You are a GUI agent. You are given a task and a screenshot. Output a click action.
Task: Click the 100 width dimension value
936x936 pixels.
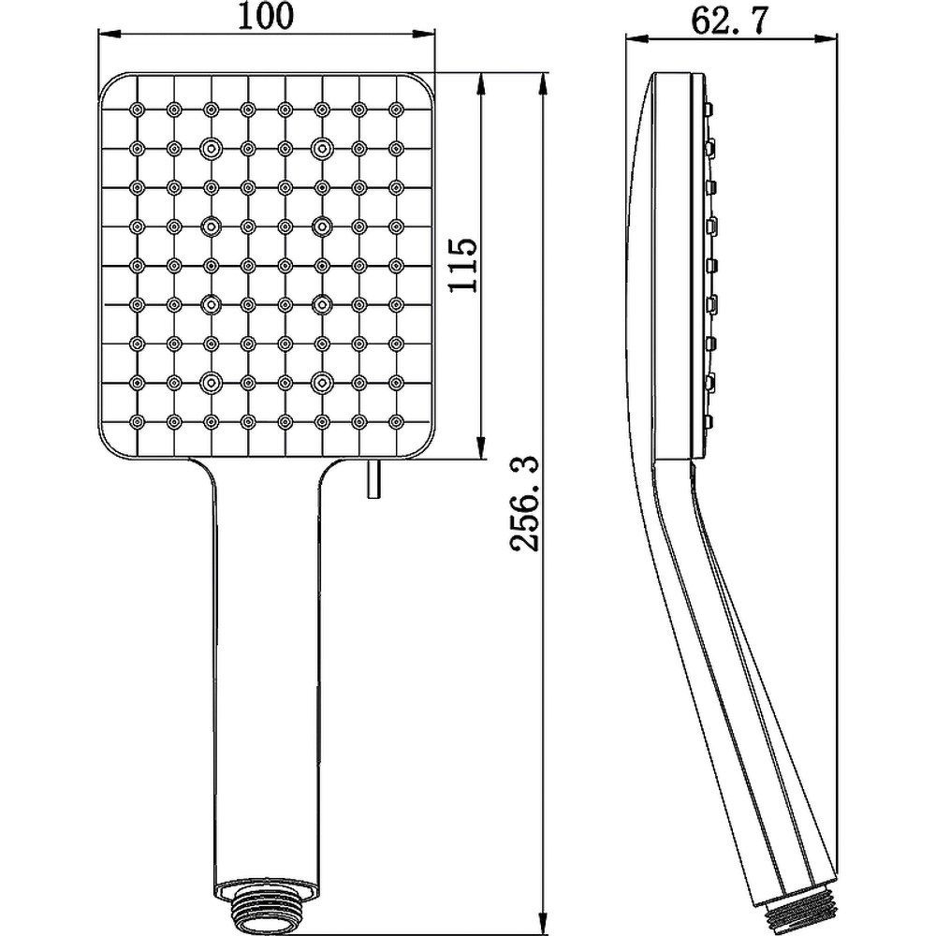pyautogui.click(x=266, y=16)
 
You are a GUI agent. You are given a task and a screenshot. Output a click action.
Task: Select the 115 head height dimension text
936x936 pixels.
pyautogui.click(x=463, y=265)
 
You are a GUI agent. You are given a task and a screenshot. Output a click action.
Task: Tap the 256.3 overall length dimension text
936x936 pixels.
pyautogui.click(x=525, y=504)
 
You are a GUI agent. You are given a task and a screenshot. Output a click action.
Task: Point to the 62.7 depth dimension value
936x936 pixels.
pyautogui.click(x=729, y=22)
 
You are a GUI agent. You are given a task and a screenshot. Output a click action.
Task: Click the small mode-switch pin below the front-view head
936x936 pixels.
pyautogui.click(x=373, y=478)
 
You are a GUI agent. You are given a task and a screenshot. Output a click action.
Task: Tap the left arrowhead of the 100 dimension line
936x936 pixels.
pyautogui.click(x=108, y=34)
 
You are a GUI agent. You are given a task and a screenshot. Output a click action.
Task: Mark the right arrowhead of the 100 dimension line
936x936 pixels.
pyautogui.click(x=426, y=34)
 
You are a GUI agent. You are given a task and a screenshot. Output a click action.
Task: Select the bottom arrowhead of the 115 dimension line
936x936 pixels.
pyautogui.click(x=480, y=448)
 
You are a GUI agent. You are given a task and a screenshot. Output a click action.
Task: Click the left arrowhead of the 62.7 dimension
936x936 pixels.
pyautogui.click(x=636, y=39)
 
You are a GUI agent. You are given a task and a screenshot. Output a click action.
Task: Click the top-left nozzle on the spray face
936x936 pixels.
pyautogui.click(x=138, y=110)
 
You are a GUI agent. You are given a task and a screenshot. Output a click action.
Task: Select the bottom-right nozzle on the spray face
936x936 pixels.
pyautogui.click(x=396, y=421)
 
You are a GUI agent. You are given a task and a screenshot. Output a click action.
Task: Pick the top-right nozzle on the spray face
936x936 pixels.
pyautogui.click(x=396, y=110)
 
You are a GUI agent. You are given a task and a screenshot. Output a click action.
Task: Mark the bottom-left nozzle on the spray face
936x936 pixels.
pyautogui.click(x=138, y=421)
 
